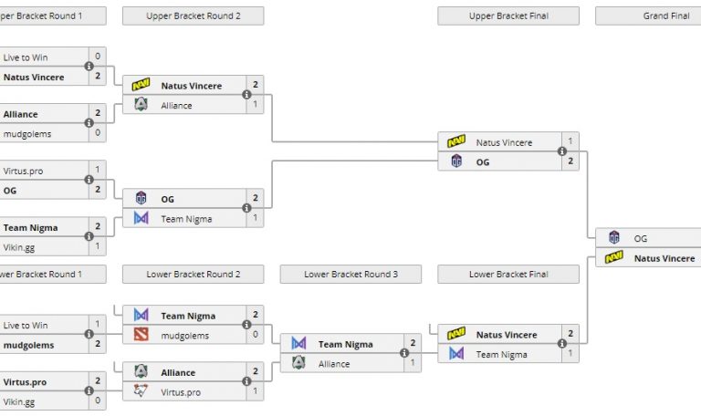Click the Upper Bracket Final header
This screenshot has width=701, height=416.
click(508, 16)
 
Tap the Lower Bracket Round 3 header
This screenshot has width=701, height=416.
click(350, 274)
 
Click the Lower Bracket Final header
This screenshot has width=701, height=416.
click(508, 274)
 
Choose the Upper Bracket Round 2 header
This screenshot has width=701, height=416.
click(193, 16)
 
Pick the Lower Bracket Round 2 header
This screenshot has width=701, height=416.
click(193, 274)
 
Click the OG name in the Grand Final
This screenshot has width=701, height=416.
click(641, 238)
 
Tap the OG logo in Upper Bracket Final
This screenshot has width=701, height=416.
click(456, 162)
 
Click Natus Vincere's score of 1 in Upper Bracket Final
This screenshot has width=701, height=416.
click(570, 142)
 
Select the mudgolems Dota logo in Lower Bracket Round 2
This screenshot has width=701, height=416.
click(141, 336)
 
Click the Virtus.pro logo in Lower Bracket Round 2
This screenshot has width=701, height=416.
click(141, 391)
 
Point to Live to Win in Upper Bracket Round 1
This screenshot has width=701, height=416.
click(25, 57)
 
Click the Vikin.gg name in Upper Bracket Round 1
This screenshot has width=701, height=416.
click(20, 247)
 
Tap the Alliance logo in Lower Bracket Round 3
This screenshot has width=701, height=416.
click(298, 363)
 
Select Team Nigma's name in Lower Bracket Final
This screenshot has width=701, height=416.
click(501, 355)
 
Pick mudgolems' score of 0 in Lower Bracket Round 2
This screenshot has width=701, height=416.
click(256, 336)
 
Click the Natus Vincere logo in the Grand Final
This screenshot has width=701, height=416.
click(614, 258)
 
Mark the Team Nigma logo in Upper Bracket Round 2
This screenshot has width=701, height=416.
click(141, 218)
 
